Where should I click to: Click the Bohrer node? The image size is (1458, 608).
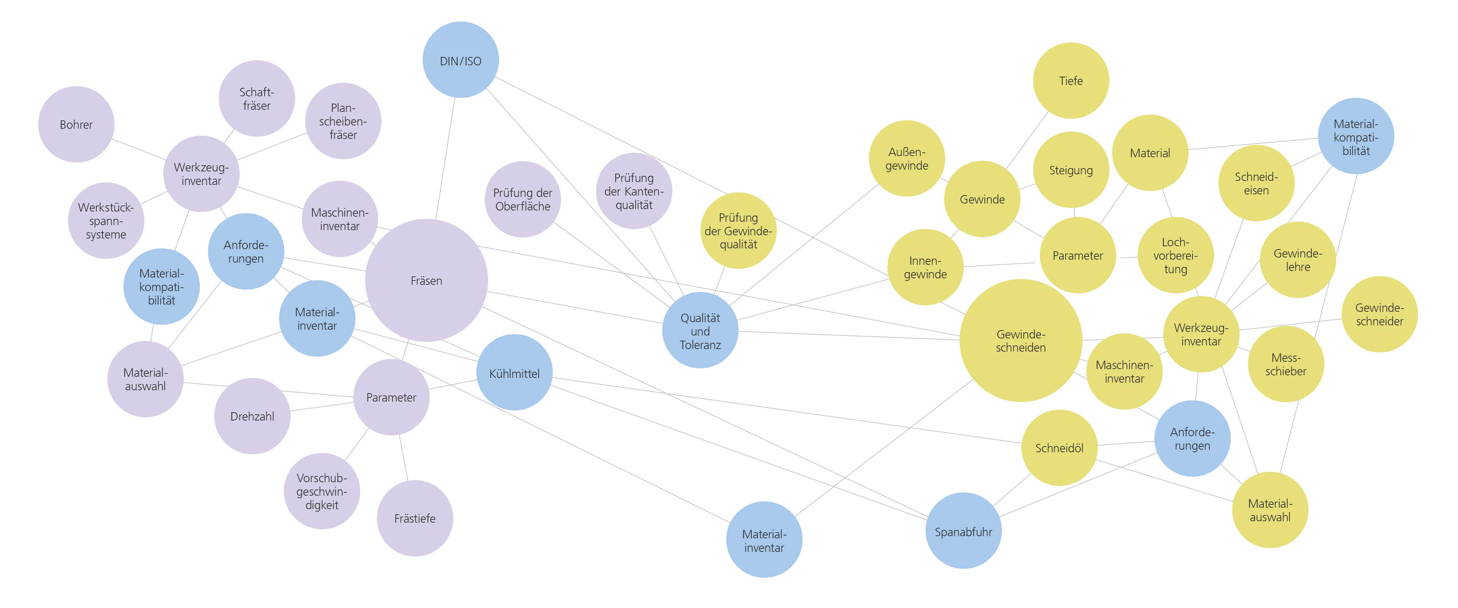point(77,125)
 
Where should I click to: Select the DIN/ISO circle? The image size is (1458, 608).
point(461,60)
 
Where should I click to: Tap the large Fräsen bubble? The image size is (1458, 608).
point(426,280)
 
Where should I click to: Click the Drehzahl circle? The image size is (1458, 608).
point(252,416)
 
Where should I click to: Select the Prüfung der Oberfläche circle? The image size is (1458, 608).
point(523,199)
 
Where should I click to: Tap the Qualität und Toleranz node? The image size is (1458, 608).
point(700,331)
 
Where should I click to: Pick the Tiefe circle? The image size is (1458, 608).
point(1071,80)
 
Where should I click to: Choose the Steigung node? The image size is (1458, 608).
point(1071,170)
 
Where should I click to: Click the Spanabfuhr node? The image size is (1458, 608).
point(963,531)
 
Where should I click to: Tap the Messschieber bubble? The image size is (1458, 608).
point(1286,364)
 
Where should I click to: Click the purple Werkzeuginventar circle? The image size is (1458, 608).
point(201,174)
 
